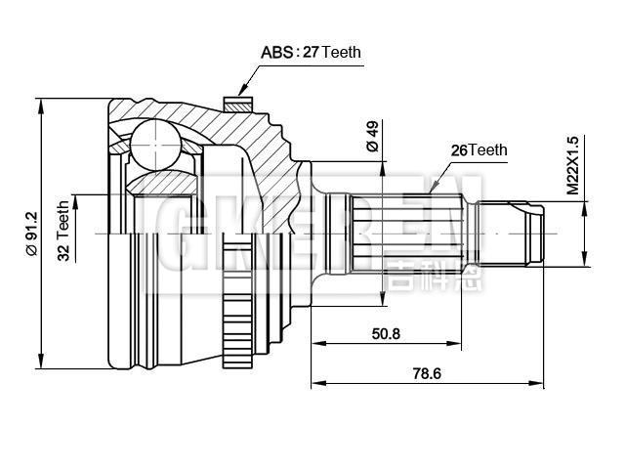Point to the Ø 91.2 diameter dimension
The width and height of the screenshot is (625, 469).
(x=31, y=232)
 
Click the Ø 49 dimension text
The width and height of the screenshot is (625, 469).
(x=373, y=136)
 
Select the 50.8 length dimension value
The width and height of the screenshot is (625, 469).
(x=386, y=333)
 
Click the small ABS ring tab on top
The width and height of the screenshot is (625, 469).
(x=234, y=102)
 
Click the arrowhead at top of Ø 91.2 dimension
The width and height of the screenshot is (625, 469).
(x=42, y=104)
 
